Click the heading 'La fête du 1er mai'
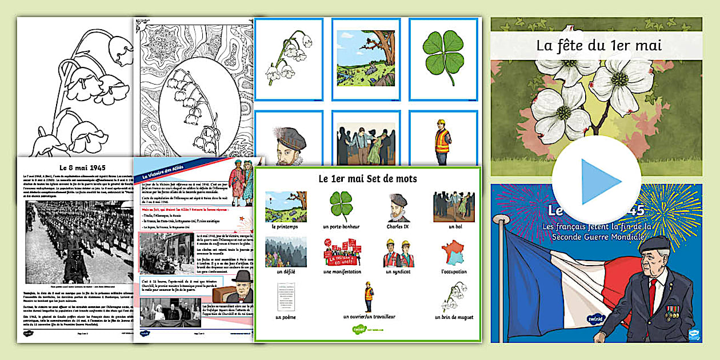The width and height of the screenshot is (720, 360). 598,45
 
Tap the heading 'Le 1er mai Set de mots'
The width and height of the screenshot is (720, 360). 367,179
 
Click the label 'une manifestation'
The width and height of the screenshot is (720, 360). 342,271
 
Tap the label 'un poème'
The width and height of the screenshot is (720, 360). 286,317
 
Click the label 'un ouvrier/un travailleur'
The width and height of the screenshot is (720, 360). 369,317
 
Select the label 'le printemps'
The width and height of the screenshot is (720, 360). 286,227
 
